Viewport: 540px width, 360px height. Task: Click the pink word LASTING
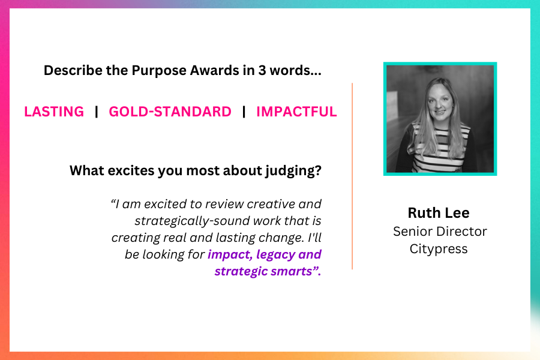(x=54, y=112)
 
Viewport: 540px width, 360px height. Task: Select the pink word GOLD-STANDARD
(x=170, y=112)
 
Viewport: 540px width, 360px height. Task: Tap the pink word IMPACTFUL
(x=296, y=112)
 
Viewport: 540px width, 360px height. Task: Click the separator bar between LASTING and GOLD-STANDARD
(x=97, y=112)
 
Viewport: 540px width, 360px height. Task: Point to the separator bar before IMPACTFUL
(x=244, y=112)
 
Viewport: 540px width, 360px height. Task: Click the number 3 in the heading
(x=262, y=70)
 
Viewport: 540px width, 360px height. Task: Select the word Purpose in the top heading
(x=159, y=71)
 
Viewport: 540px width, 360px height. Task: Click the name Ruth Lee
(x=439, y=213)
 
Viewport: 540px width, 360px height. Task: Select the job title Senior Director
(x=440, y=232)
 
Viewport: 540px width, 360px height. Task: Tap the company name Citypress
(x=439, y=249)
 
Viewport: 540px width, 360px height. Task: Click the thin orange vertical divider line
(x=352, y=176)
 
